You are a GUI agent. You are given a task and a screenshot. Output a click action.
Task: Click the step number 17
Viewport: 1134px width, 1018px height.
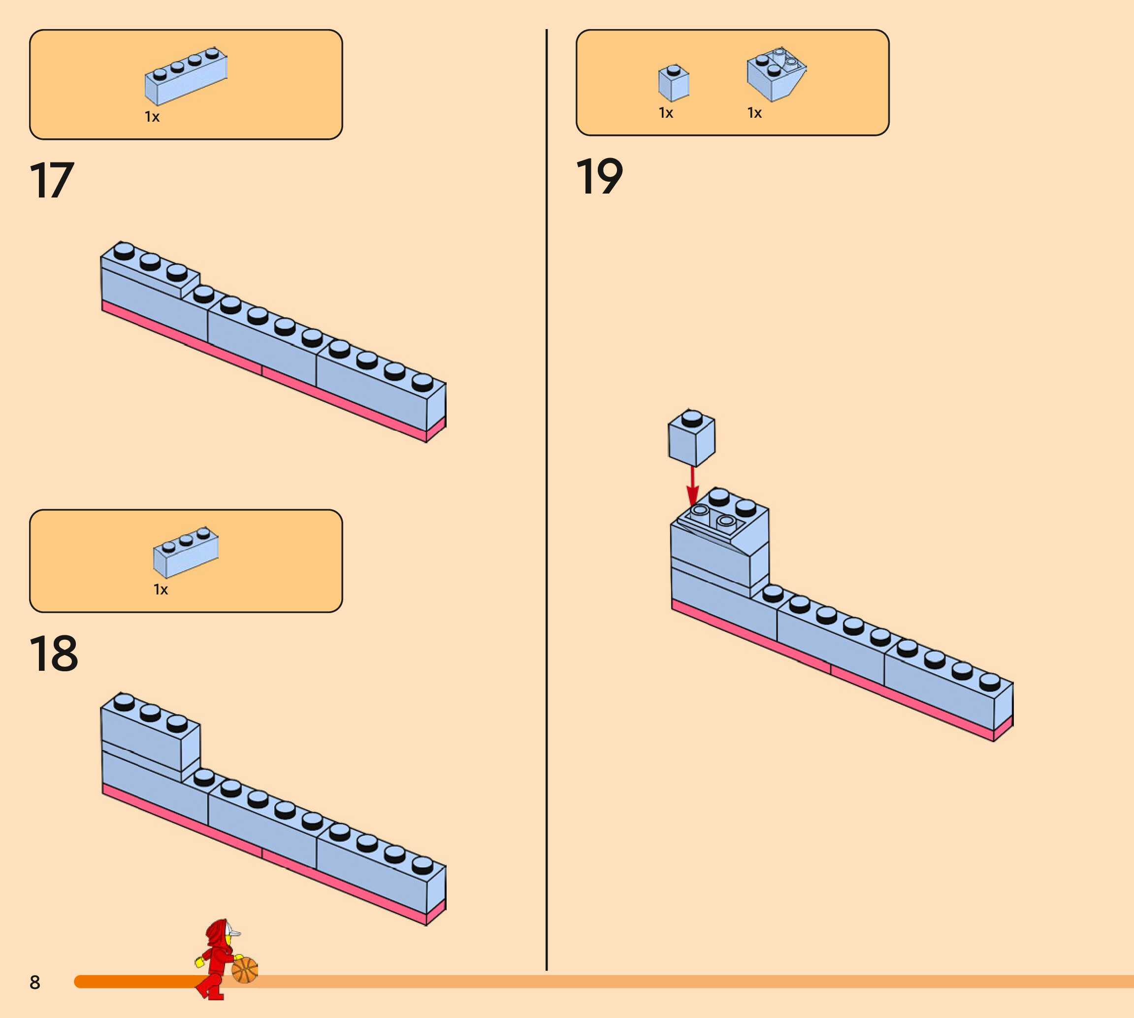(51, 180)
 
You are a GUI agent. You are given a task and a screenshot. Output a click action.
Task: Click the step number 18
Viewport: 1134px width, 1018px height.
(53, 654)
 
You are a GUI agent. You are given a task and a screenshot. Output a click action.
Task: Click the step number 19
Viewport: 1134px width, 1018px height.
(599, 176)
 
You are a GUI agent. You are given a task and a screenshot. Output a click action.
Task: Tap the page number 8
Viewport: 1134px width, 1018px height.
(34, 982)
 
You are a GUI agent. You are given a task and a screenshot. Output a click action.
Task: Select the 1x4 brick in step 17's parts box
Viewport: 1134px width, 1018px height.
(186, 75)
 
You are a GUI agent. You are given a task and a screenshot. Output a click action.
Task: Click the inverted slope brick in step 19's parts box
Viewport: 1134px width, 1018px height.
(776, 74)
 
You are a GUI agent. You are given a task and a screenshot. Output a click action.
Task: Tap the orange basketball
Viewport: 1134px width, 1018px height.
(245, 970)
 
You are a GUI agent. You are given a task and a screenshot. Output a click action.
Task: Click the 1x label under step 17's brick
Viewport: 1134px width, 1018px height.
(152, 117)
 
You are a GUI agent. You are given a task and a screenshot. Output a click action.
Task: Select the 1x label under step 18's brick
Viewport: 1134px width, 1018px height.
(161, 590)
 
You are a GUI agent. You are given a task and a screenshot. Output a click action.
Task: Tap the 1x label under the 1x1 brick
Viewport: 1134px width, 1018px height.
(665, 113)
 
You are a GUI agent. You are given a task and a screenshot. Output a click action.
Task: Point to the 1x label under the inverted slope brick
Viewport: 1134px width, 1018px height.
(754, 113)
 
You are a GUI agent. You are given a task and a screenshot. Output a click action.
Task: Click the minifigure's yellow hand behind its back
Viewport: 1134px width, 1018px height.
(199, 961)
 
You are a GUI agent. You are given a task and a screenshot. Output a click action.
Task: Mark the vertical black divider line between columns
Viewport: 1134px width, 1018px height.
(546, 503)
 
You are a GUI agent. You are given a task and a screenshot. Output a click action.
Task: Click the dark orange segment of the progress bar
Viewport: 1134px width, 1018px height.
(134, 981)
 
